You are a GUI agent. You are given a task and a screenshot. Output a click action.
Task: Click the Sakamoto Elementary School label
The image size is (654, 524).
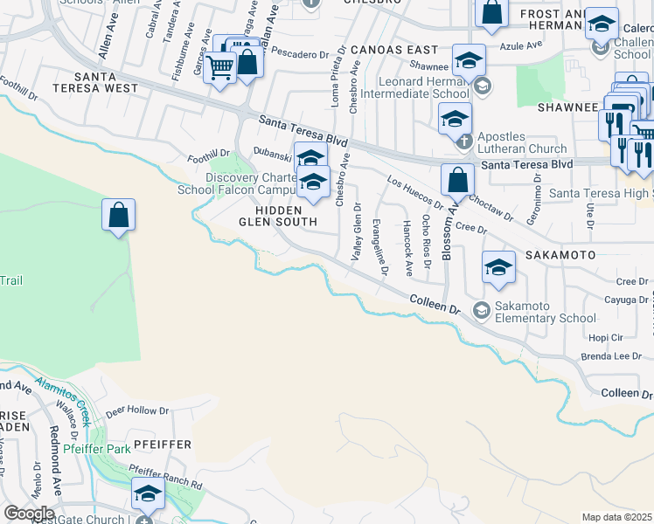pyautogui.click(x=545, y=312)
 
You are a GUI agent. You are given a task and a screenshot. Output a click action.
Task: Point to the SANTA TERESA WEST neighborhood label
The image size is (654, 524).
pyautogui.click(x=94, y=81)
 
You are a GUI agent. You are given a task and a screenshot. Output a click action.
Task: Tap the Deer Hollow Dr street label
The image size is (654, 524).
pyautogui.click(x=137, y=410)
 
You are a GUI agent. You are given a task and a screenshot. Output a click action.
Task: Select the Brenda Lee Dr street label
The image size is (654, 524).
pyautogui.click(x=611, y=357)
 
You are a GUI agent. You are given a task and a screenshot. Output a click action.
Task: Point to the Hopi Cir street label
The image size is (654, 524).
pyautogui.click(x=604, y=337)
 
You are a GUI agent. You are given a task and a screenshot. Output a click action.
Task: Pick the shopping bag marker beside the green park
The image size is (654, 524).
pyautogui.click(x=119, y=216)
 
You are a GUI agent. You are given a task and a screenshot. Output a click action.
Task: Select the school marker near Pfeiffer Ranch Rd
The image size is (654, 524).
pyautogui.click(x=148, y=495)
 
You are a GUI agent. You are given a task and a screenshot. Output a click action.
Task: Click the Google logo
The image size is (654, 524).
pyautogui.click(x=29, y=514)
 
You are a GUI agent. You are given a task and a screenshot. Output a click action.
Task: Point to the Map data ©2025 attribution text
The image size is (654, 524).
pyautogui.click(x=616, y=517)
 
